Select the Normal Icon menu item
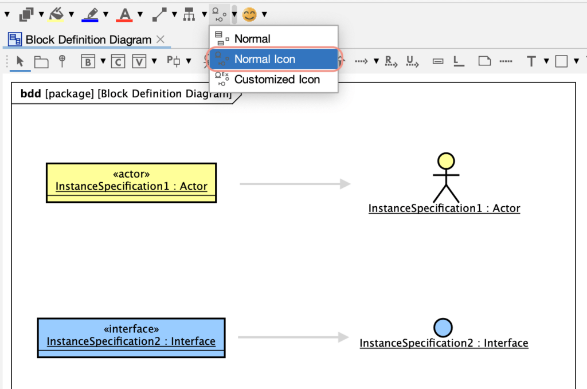pos(265,59)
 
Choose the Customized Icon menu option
pos(277,80)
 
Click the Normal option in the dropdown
pos(252,39)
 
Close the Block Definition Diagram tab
pos(161,39)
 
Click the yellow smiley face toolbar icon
pos(249,14)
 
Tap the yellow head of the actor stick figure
pos(446,160)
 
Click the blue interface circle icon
pos(443,328)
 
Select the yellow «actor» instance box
pos(131,182)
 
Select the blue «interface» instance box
pos(131,337)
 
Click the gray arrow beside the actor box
pos(295,184)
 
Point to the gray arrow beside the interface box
pos(293,337)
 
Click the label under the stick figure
pos(444,209)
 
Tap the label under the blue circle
pos(444,343)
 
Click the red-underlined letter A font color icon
pos(124,14)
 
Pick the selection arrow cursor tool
pos(20,61)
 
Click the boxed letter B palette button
pos(88,61)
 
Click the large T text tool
pos(531,61)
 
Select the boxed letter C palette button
pos(118,61)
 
